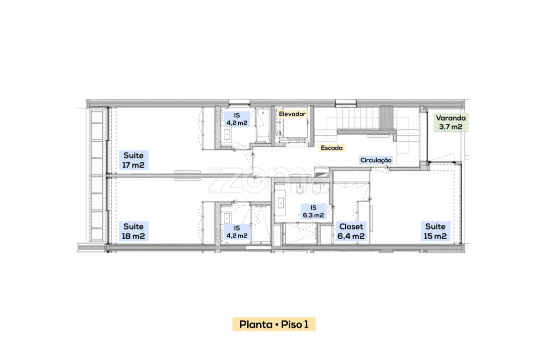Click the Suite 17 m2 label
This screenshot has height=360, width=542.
[133, 160]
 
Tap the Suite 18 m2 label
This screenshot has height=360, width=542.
[133, 231]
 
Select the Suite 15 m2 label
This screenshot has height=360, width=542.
[435, 231]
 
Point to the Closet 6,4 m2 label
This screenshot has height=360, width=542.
[351, 231]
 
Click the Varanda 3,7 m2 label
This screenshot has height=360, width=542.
[451, 122]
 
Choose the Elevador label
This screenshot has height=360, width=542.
[292, 114]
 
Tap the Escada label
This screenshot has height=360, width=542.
[332, 148]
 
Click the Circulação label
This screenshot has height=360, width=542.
[376, 160]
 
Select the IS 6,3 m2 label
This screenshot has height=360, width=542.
[314, 211]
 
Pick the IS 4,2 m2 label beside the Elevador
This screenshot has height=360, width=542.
[237, 119]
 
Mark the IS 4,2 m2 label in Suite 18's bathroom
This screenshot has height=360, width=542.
[237, 232]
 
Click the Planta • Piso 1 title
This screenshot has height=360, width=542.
[274, 324]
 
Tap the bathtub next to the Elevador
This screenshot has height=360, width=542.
[262, 125]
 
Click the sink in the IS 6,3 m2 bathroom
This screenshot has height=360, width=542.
[281, 203]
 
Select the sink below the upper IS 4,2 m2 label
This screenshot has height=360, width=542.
[227, 134]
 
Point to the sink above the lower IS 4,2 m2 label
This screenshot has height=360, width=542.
[227, 218]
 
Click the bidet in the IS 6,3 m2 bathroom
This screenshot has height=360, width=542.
[299, 189]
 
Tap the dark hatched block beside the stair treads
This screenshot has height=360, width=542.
[387, 117]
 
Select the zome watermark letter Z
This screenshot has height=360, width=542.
[220, 180]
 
